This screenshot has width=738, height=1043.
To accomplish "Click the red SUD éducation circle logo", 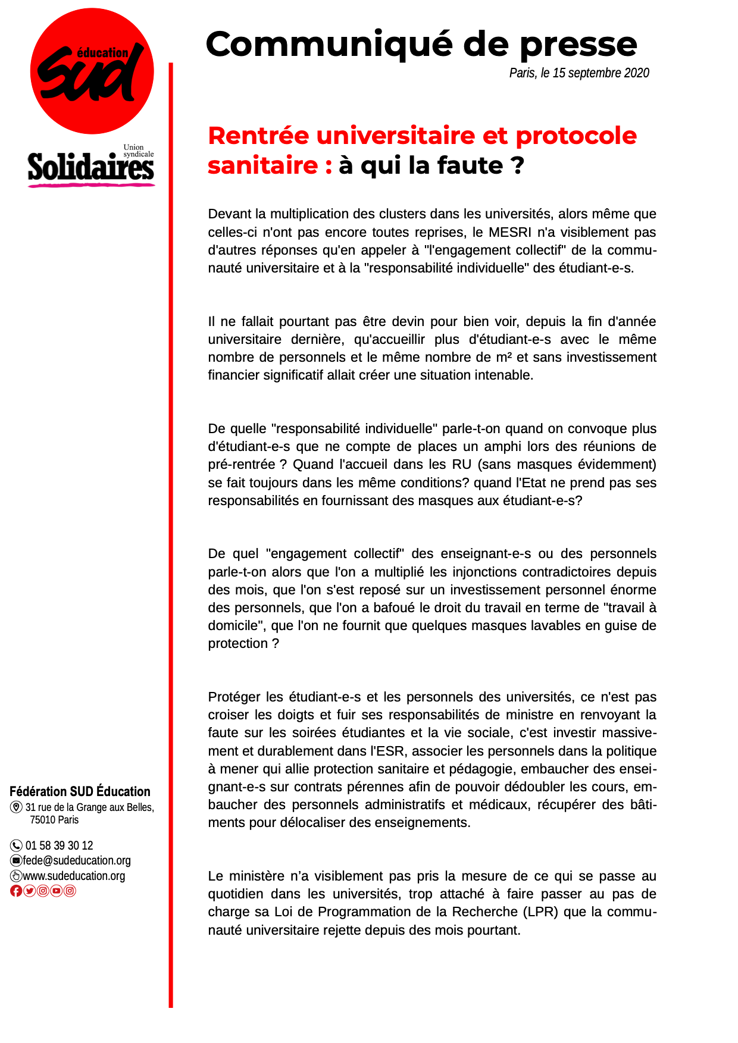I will point(92,71).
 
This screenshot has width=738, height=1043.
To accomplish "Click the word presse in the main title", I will point(578,45).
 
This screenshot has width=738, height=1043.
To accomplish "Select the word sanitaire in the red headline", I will point(262,165).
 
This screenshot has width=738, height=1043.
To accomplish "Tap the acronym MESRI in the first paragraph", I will point(509,232).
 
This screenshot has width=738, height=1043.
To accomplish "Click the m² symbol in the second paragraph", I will point(504,358).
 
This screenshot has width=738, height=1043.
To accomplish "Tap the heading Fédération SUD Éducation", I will point(80,791).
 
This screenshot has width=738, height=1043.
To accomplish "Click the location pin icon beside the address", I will point(16,807).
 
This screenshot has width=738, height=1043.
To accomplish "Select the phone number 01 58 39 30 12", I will point(59,845).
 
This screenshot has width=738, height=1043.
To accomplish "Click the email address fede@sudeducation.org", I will point(76,860).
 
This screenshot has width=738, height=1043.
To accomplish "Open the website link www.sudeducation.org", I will point(74,876).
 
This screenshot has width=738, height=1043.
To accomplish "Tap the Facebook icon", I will point(16,891).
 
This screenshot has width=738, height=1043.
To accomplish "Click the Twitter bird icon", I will point(29,891).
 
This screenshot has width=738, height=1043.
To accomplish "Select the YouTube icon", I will point(57,891).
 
